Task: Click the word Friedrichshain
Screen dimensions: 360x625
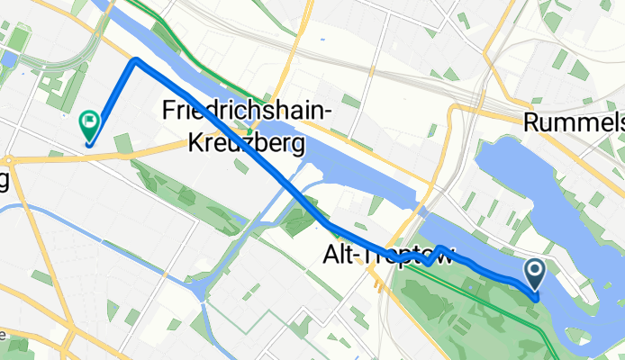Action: click(x=246, y=111)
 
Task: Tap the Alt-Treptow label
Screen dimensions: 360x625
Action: click(x=388, y=256)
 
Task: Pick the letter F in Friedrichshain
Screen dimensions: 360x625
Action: click(x=169, y=111)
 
